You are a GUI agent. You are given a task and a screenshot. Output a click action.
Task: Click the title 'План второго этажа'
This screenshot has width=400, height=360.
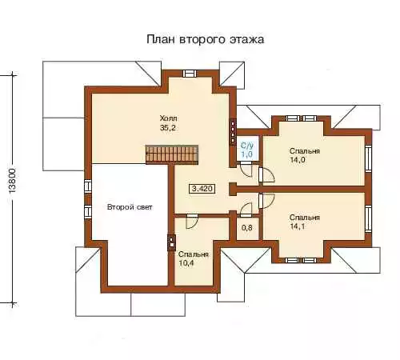206,39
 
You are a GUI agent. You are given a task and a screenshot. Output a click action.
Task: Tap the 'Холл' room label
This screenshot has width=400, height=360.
168,118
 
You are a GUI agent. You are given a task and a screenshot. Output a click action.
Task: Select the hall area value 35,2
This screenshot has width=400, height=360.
168,128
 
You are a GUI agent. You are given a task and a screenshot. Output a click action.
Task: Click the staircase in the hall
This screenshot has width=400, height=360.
172,154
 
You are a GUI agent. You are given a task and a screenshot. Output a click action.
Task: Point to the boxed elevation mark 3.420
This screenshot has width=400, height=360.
202,189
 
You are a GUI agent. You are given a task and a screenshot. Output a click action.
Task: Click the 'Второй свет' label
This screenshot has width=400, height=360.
130,207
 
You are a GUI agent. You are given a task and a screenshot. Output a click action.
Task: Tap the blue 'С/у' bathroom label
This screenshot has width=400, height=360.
247,146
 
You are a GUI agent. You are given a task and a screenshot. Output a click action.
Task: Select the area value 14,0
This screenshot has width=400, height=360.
298,160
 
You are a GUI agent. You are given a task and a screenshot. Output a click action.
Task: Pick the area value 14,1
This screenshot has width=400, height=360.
298,226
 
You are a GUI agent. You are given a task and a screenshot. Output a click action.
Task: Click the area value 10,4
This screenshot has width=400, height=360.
186,263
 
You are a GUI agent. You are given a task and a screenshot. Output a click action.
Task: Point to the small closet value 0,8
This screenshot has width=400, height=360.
247,228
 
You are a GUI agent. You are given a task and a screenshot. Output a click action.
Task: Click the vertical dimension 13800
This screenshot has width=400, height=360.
13,181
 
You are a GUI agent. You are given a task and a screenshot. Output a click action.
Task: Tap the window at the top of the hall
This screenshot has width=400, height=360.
190,73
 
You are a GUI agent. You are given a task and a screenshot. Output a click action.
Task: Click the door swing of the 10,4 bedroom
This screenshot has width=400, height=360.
192,222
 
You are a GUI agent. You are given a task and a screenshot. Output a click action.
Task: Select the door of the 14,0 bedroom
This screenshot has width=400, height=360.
266,174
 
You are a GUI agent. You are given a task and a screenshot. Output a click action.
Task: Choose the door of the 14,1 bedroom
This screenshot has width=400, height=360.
266,201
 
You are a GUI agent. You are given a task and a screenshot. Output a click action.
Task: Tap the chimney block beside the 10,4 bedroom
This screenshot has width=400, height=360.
171,242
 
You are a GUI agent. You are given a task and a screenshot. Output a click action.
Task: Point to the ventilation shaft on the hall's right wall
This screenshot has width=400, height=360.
233,132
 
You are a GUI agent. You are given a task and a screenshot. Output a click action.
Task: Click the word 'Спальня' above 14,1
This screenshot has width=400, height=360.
305,218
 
